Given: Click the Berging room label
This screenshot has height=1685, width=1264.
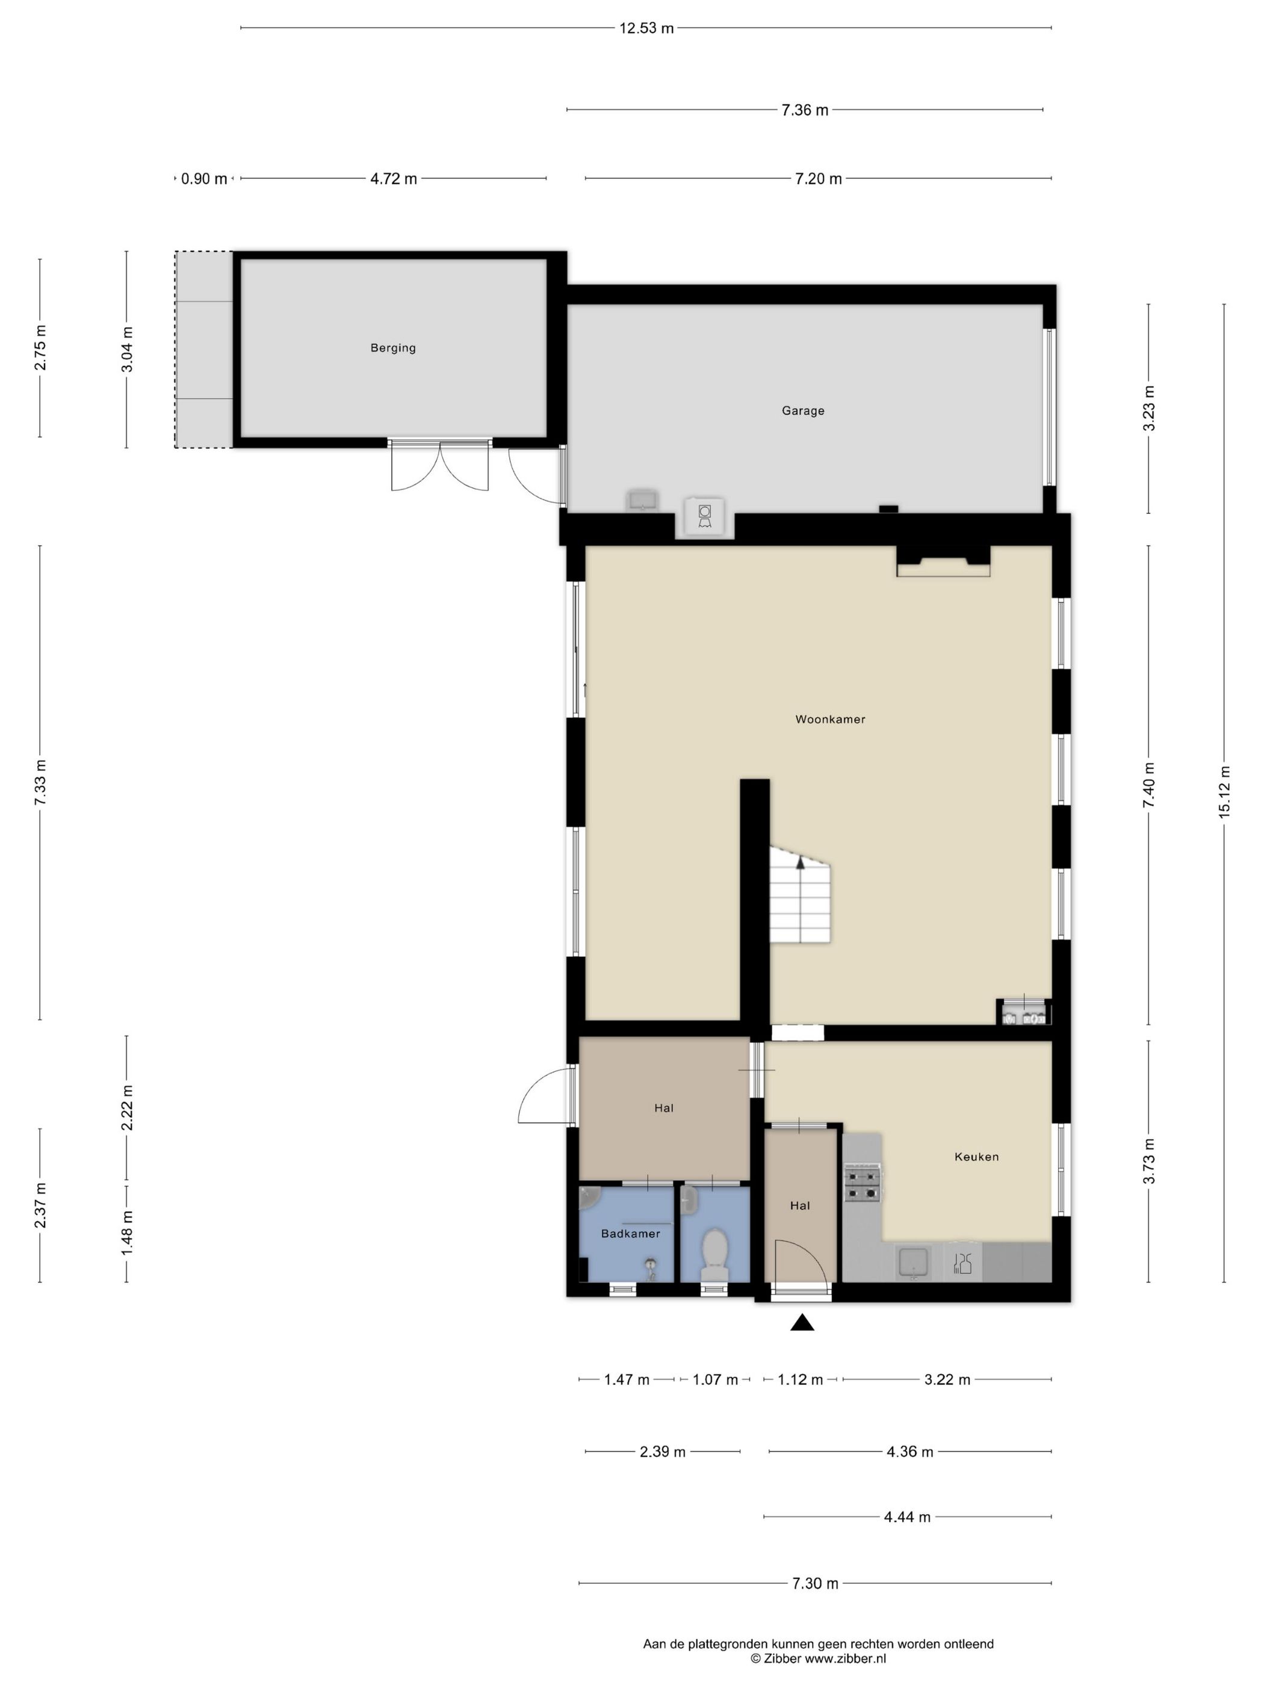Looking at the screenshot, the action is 392,348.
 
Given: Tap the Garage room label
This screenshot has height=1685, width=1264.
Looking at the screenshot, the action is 803,410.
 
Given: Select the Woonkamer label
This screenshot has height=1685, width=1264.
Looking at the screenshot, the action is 831,719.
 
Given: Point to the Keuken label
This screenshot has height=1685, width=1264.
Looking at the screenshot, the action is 977,1157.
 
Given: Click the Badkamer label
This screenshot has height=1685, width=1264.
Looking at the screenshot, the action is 631,1233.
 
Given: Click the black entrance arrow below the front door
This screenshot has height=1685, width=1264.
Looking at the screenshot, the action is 802,1322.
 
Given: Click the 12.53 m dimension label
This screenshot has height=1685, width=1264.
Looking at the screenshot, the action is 646,29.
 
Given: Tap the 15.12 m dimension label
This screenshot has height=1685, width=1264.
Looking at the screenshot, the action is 1224,791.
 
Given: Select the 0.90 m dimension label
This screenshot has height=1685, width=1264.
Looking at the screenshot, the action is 204,179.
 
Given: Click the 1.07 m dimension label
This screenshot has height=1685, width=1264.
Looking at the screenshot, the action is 714,1379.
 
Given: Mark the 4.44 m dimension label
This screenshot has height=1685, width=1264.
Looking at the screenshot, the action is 906,1516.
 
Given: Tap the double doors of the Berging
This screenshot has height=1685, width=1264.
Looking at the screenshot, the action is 439,466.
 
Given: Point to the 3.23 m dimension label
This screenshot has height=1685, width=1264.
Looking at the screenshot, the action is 1149,408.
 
